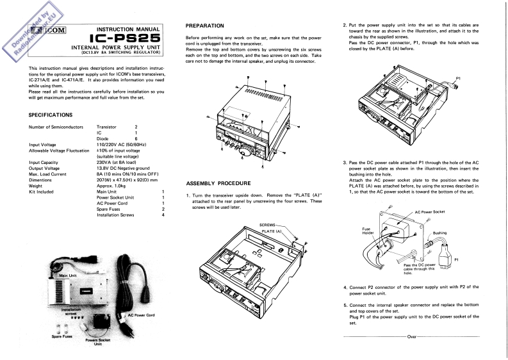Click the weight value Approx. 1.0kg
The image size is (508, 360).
113,186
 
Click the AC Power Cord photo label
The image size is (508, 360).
141,315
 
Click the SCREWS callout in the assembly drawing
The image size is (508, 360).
269,225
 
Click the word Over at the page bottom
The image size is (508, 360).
411,336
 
